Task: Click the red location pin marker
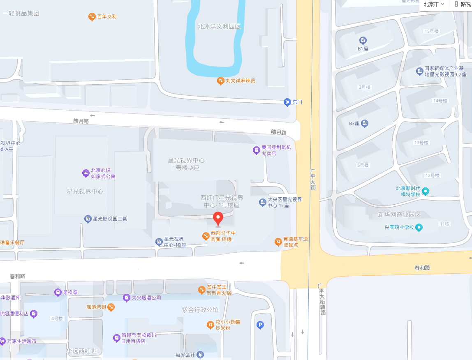click(x=218, y=218)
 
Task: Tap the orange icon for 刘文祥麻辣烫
click(x=221, y=81)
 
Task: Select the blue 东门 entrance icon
click(x=287, y=102)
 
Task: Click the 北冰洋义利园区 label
click(x=219, y=26)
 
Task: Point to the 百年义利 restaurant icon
click(x=92, y=17)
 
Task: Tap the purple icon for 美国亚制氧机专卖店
click(x=257, y=150)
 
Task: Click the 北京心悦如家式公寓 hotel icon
click(x=86, y=173)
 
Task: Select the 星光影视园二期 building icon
click(x=88, y=219)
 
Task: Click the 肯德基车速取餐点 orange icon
click(x=278, y=242)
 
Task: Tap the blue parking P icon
click(x=260, y=325)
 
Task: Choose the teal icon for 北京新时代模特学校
click(x=426, y=191)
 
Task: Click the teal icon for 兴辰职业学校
click(x=419, y=227)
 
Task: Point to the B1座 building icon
click(x=363, y=40)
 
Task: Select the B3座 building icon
click(x=365, y=123)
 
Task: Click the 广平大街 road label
click(x=313, y=178)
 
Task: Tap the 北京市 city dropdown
click(x=434, y=4)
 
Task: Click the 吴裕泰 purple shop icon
click(x=58, y=293)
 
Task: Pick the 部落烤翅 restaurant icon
click(x=111, y=307)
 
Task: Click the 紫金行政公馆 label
click(x=201, y=309)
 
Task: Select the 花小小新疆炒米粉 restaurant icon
click(x=210, y=325)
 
